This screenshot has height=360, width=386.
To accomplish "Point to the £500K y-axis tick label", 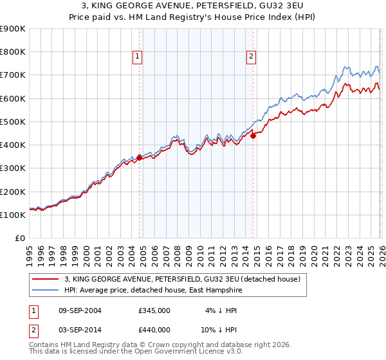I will tap(13, 122).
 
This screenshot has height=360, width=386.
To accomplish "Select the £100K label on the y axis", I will tap(13, 215).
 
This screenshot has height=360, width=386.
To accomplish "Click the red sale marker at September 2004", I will tap(140, 157).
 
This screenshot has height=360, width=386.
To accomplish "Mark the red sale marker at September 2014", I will tap(253, 135).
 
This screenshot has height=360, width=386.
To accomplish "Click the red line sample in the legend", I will tap(46, 280).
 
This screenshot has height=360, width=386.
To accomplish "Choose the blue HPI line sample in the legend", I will tap(46, 291).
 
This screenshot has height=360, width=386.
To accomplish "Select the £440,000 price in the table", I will tap(154, 330).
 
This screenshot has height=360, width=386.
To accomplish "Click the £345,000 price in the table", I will tap(154, 310).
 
